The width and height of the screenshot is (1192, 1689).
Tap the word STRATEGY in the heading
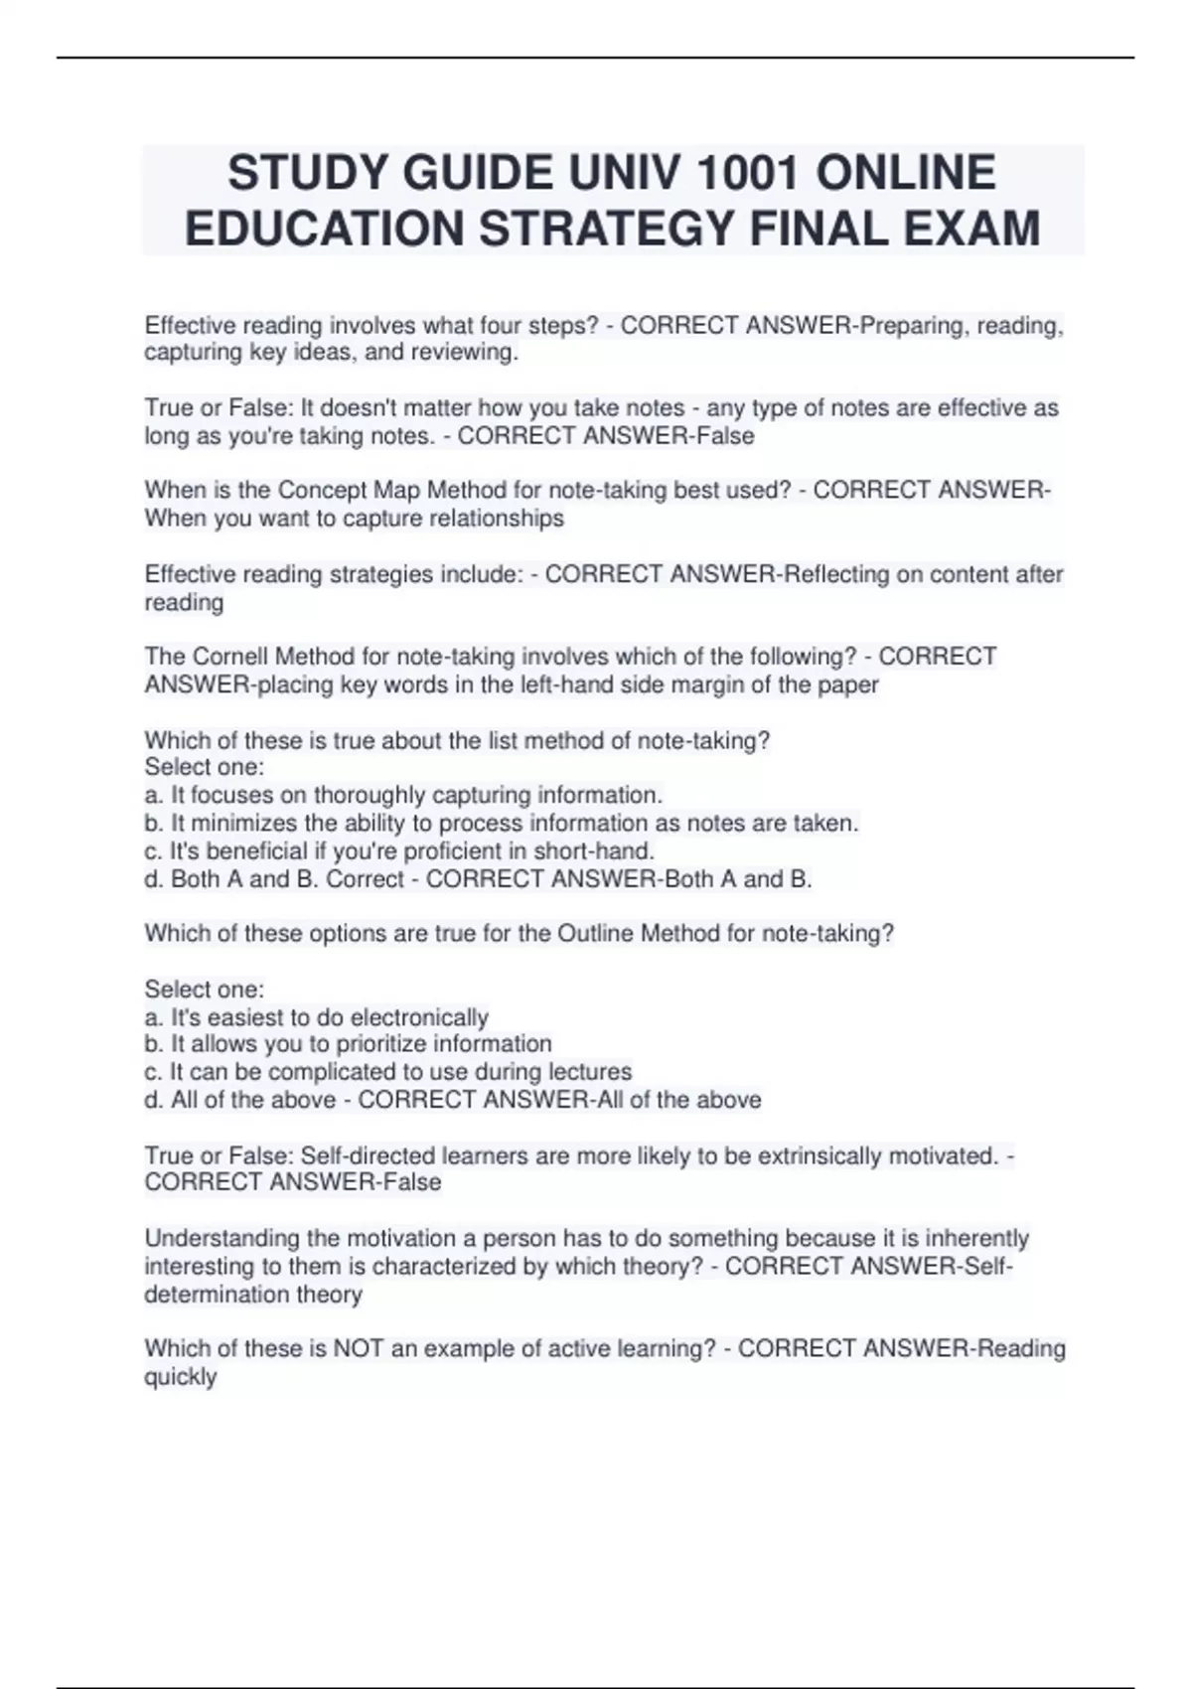pyautogui.click(x=606, y=229)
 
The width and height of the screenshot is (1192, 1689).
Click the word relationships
pyautogui.click(x=497, y=518)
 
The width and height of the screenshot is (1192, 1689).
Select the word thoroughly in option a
pyautogui.click(x=376, y=795)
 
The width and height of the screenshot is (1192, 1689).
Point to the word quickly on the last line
pyautogui.click(x=180, y=1377)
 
